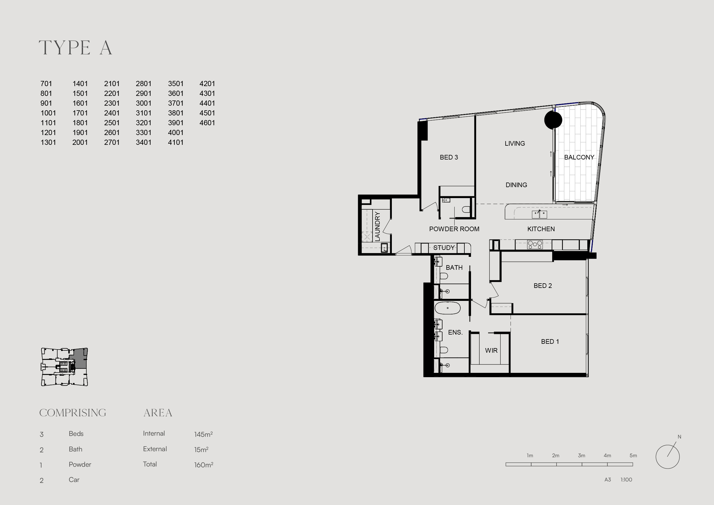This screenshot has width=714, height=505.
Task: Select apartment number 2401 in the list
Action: pyautogui.click(x=112, y=113)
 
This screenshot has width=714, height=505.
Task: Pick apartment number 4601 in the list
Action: pyautogui.click(x=207, y=123)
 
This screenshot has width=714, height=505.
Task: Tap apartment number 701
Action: pyautogui.click(x=46, y=84)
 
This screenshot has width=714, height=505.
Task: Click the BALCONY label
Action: pyautogui.click(x=579, y=157)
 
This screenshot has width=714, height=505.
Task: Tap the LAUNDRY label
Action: pyautogui.click(x=377, y=226)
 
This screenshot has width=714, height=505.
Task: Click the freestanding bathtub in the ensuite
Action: pyautogui.click(x=447, y=308)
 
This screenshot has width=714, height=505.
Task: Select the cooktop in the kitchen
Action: pyautogui.click(x=535, y=244)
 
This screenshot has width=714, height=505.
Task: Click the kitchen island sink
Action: pyautogui.click(x=539, y=214)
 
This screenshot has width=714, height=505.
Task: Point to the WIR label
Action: pyautogui.click(x=491, y=350)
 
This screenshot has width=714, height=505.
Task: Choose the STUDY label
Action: pyautogui.click(x=444, y=248)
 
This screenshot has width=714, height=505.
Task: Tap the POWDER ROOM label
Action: pyautogui.click(x=454, y=229)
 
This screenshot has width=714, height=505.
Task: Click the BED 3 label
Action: pyautogui.click(x=449, y=157)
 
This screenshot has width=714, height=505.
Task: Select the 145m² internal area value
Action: pyautogui.click(x=203, y=434)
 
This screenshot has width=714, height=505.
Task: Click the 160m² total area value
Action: pyautogui.click(x=204, y=465)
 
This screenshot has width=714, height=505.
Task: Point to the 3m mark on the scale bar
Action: pyautogui.click(x=582, y=455)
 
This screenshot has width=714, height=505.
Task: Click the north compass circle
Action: pyautogui.click(x=668, y=457)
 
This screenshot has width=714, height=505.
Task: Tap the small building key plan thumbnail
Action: pyautogui.click(x=64, y=367)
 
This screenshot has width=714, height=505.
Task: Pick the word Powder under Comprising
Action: pyautogui.click(x=80, y=464)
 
